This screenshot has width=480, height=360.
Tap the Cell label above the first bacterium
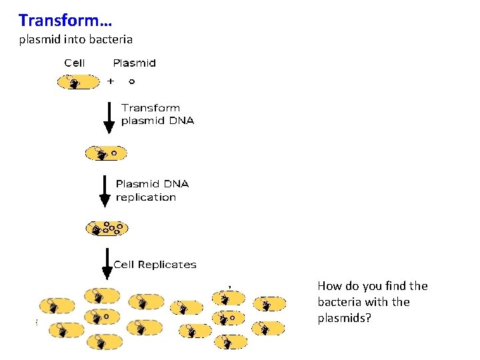coord(75,63)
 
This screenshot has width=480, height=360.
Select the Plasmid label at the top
coord(134,63)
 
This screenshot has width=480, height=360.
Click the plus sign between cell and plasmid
coord(111,81)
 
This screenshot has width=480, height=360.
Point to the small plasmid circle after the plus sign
coord(131,82)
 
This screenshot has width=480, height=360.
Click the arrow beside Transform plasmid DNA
coord(109,119)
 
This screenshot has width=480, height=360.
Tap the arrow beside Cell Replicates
coord(107,265)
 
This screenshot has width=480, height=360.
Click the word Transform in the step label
coord(151,108)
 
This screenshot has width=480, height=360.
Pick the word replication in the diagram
coord(146,197)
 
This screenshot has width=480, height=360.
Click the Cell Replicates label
coord(155,265)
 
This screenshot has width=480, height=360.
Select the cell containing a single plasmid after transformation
coord(105,153)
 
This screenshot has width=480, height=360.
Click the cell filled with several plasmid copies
coord(107,228)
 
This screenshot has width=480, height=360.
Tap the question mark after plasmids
coord(368,318)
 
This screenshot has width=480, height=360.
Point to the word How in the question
coord(329,286)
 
